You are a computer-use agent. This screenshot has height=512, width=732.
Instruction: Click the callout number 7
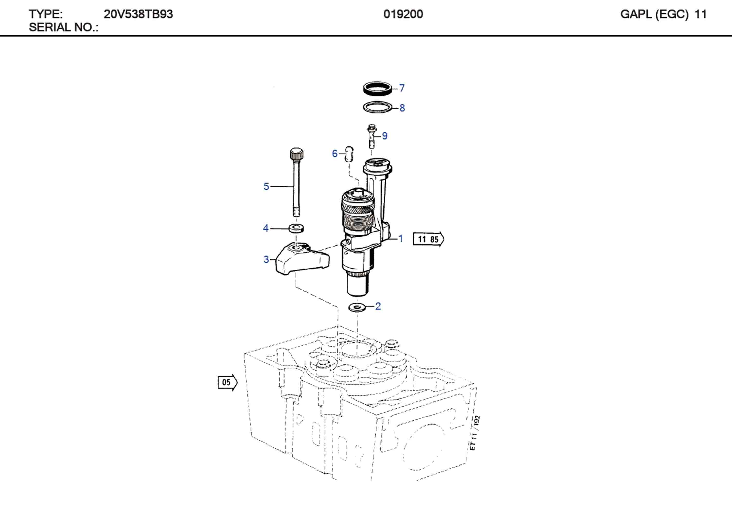pos(402,88)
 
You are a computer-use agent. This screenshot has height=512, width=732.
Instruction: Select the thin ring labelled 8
pos(378,107)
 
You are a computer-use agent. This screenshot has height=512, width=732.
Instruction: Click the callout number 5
pos(266,186)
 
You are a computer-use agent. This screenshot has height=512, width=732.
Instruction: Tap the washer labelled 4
pos(296,228)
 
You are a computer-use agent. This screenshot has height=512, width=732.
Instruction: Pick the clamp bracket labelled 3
pos(301,259)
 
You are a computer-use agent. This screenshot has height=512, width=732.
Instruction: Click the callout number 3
pos(266,259)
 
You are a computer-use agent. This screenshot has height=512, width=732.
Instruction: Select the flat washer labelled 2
pos(357,307)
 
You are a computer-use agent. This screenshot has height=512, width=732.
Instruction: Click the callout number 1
pos(401,238)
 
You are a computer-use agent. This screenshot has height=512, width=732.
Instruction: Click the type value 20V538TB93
pos(138,14)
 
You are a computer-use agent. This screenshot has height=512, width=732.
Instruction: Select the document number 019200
pos(403,14)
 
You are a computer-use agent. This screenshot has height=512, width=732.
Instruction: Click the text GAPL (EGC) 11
pos(663,14)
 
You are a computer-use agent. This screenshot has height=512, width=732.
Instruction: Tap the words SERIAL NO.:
pos(64,28)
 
